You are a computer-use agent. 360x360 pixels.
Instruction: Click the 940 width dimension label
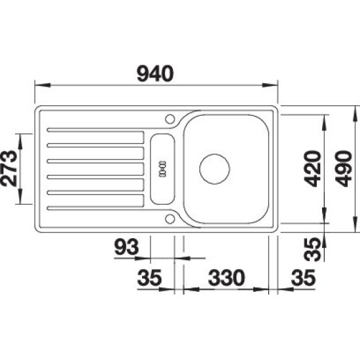(x=155, y=74)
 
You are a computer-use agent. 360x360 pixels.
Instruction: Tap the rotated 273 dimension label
(x=9, y=168)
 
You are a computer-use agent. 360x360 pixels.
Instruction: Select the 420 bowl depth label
(x=312, y=168)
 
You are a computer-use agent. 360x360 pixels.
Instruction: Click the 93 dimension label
(x=126, y=247)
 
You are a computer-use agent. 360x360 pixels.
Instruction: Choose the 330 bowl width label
(x=226, y=278)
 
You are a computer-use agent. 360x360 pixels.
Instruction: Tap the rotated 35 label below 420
(x=312, y=249)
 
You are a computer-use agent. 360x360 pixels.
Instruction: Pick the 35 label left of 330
(x=149, y=278)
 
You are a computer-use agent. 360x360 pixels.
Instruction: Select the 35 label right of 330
(x=303, y=278)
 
